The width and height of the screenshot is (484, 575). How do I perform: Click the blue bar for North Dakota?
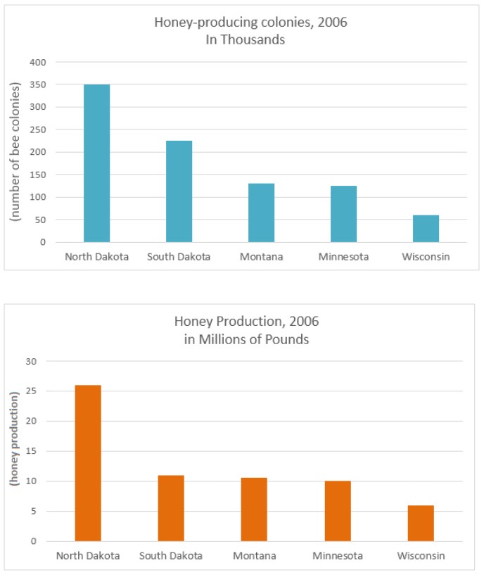96,163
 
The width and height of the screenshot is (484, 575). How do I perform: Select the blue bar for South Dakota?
179,191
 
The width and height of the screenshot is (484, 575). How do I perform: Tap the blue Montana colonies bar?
261,213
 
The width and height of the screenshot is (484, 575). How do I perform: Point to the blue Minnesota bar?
343,214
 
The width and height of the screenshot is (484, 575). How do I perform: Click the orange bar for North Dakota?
88,463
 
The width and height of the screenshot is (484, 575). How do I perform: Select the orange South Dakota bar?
171,508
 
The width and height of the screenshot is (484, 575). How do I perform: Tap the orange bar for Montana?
254,510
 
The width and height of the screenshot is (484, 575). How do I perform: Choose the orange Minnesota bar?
337,511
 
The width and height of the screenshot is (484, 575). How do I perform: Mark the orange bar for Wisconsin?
420,523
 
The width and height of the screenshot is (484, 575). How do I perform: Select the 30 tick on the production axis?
30,361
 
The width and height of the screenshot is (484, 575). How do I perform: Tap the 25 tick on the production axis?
30,391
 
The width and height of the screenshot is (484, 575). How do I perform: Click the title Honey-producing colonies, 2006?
250,23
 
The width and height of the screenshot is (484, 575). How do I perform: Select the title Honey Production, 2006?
246,321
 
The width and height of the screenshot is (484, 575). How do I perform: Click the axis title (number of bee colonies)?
14,152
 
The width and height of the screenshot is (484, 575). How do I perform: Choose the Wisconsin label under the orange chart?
420,555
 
